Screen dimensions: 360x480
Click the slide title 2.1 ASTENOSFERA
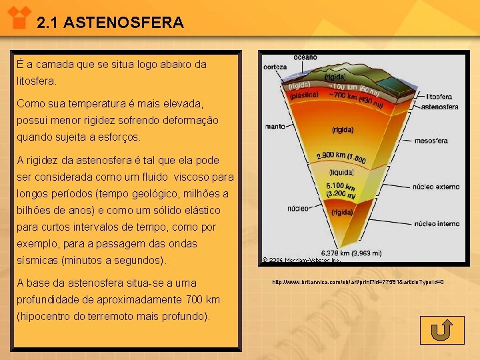110,23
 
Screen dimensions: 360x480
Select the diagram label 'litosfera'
439,97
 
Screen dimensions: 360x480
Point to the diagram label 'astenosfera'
440,106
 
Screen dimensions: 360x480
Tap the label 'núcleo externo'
437,188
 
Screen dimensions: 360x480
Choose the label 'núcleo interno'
437,224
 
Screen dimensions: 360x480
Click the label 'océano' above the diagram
305,59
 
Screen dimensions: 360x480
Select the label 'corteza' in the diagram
275,67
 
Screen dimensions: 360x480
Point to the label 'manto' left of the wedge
275,126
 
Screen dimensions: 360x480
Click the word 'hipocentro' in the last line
47,316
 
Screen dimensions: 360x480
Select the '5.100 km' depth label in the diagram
340,185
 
